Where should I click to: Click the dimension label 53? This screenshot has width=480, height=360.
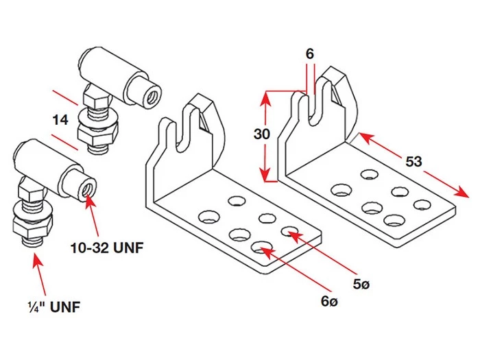click(413, 162)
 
